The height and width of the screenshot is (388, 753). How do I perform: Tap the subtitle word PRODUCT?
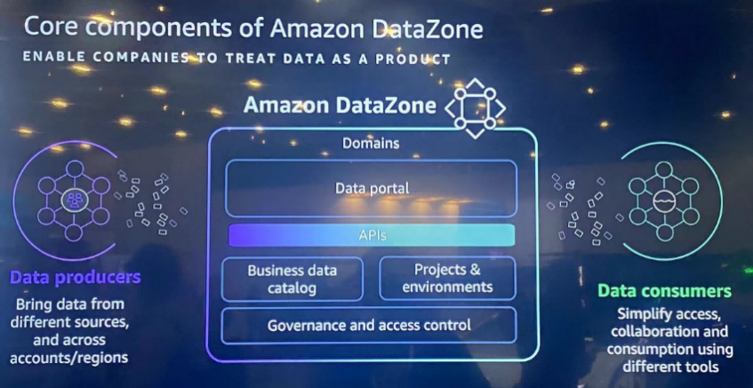[x=416, y=59]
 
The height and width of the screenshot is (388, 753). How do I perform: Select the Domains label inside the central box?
[x=371, y=142]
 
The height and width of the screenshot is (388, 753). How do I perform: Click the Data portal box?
[x=371, y=188]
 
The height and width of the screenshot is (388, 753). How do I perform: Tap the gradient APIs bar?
[x=372, y=235]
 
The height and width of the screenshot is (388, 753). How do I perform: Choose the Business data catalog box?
[x=292, y=279]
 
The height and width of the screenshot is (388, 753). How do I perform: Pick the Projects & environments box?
[x=447, y=279]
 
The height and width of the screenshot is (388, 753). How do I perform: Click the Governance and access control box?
[x=370, y=325]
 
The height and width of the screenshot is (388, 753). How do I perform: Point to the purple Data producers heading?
[x=75, y=278]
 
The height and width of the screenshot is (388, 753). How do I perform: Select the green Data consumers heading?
[x=664, y=291]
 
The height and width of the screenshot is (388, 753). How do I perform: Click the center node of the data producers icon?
[x=74, y=199]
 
